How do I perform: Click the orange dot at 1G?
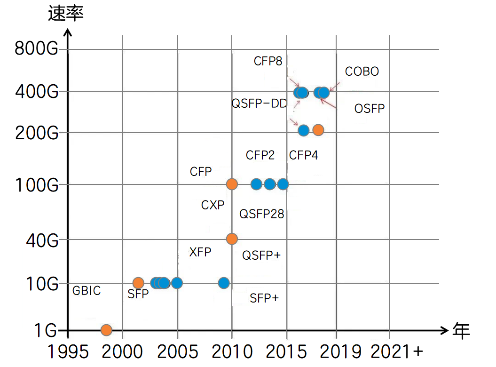[x=106, y=330]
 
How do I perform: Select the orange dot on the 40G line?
[x=232, y=239]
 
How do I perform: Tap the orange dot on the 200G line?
[x=318, y=130]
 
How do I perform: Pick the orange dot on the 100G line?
[x=232, y=184]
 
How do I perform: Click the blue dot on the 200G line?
[x=304, y=130]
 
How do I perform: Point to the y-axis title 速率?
[x=66, y=14]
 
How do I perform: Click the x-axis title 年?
[x=461, y=331]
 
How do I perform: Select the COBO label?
[x=362, y=72]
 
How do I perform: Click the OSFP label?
[x=369, y=109]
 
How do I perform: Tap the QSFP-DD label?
[x=259, y=104]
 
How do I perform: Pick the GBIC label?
[x=87, y=291]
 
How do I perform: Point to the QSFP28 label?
[x=262, y=214]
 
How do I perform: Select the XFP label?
[x=200, y=252]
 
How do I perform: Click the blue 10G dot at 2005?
[x=177, y=283]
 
